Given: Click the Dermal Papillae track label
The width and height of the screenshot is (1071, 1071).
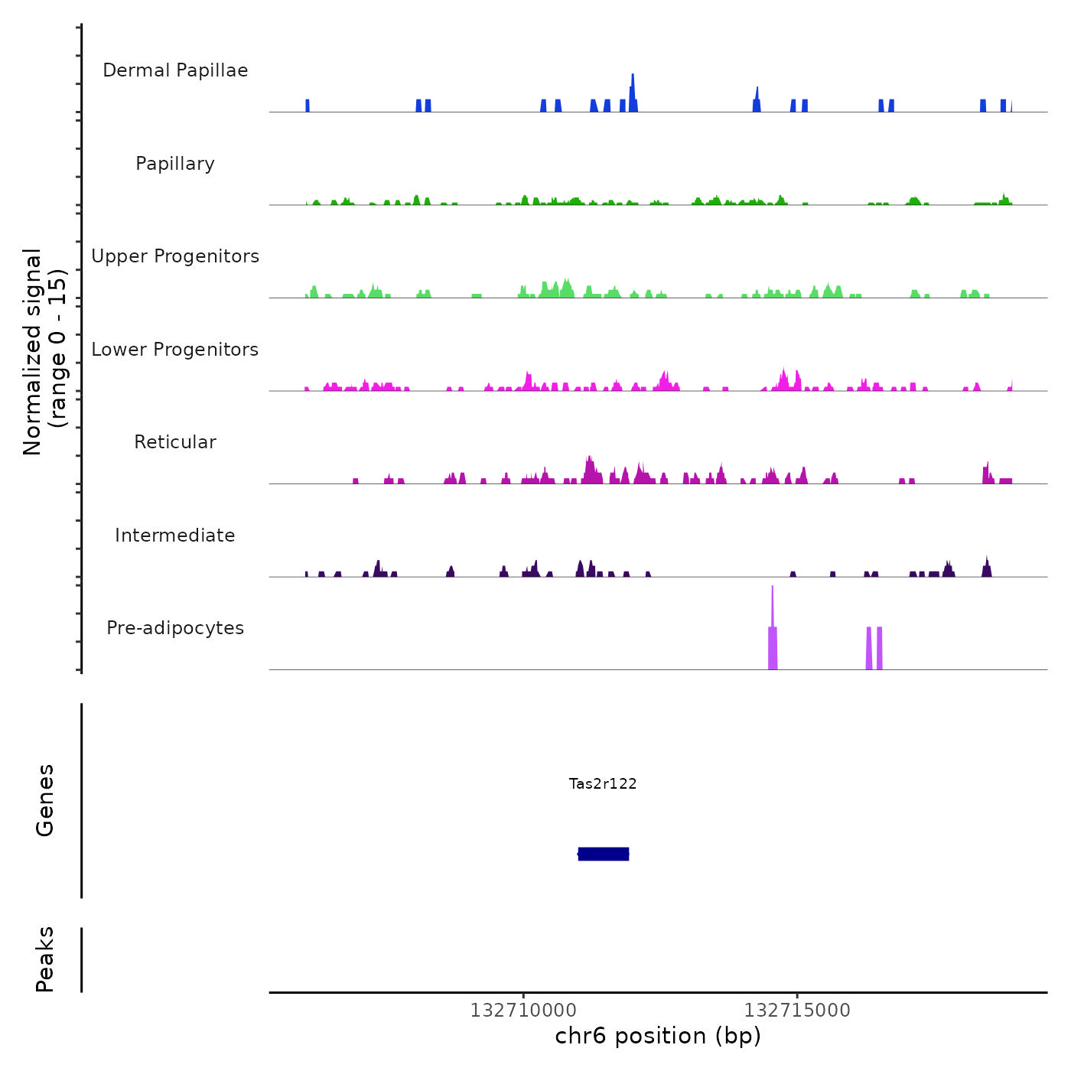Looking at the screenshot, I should click(175, 70).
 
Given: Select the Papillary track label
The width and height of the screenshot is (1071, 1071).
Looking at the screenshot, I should click(175, 164).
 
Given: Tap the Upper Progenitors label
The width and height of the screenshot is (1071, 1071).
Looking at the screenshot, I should click(175, 256).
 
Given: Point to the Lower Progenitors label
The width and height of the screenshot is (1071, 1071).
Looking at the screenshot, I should click(175, 350).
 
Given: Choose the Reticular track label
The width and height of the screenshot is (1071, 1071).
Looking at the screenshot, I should click(175, 442).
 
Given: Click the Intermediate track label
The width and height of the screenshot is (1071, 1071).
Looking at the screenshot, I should click(175, 535).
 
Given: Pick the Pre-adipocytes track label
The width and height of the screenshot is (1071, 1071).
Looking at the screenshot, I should click(175, 628).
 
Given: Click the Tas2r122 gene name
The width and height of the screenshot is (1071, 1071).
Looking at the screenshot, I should click(603, 783).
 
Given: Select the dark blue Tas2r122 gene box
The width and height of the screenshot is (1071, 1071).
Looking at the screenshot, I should click(604, 854).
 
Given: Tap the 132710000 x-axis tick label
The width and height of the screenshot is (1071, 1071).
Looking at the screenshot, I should click(524, 1011).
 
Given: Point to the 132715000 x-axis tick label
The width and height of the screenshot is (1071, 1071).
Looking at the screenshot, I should click(797, 1011).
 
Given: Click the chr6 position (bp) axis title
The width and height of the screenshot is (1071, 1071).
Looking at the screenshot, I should click(658, 1036).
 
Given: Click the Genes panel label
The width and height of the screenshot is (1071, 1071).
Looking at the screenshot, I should click(45, 800).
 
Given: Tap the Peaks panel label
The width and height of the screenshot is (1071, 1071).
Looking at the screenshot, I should click(45, 959).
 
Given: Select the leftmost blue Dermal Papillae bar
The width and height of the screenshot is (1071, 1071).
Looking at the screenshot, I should click(308, 106).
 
